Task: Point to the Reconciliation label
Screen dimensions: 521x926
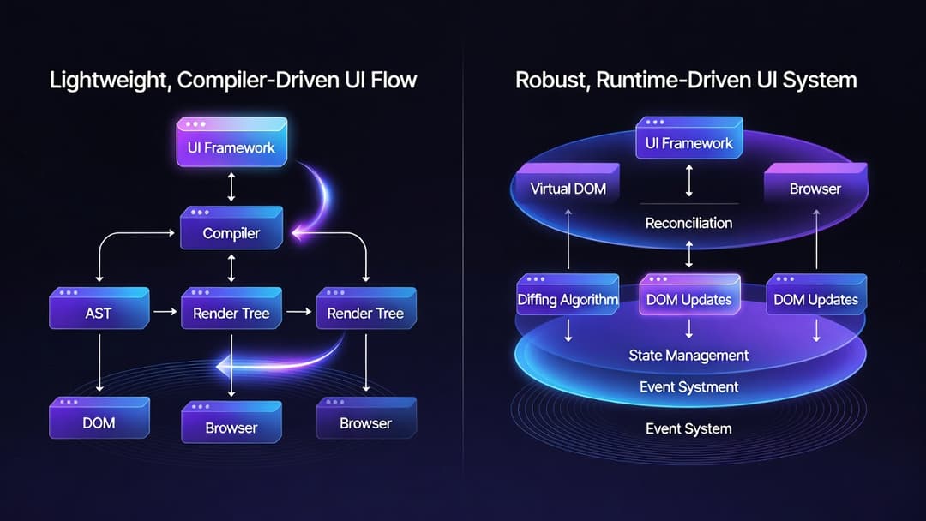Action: pyautogui.click(x=688, y=223)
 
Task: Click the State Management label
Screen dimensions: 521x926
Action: pyautogui.click(x=688, y=355)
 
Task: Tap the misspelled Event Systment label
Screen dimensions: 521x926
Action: pyautogui.click(x=688, y=387)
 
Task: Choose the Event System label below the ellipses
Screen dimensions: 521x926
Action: pyautogui.click(x=688, y=428)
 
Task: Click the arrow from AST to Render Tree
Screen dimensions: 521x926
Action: pyautogui.click(x=163, y=314)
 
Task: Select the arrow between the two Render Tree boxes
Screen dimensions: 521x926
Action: pyautogui.click(x=298, y=314)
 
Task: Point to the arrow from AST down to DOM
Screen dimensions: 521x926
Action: pyautogui.click(x=100, y=363)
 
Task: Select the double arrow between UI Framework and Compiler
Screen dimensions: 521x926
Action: pyautogui.click(x=231, y=186)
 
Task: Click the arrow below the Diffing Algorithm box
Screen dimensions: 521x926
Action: pyautogui.click(x=568, y=330)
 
